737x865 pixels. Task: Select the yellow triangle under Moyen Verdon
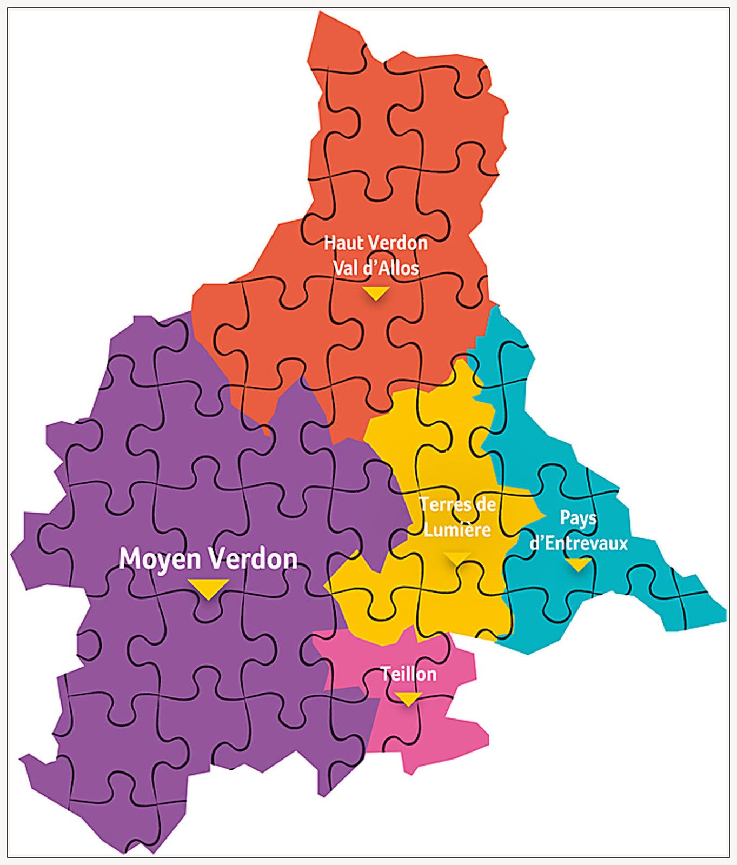click(x=209, y=588)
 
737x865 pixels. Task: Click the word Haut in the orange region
click(x=341, y=243)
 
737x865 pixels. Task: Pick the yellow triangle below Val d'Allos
click(x=376, y=292)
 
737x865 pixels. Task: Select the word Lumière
click(x=457, y=529)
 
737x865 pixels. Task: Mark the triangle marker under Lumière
click(x=457, y=557)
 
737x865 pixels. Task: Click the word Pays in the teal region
click(x=578, y=518)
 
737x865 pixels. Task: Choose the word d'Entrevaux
click(x=578, y=543)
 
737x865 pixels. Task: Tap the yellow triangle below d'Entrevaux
click(x=578, y=565)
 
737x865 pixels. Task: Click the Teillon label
click(x=408, y=674)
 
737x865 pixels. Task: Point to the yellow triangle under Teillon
click(x=408, y=698)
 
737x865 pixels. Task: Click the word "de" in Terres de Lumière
click(x=484, y=504)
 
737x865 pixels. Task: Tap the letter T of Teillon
click(x=386, y=674)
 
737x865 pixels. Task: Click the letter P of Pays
click(x=565, y=517)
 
